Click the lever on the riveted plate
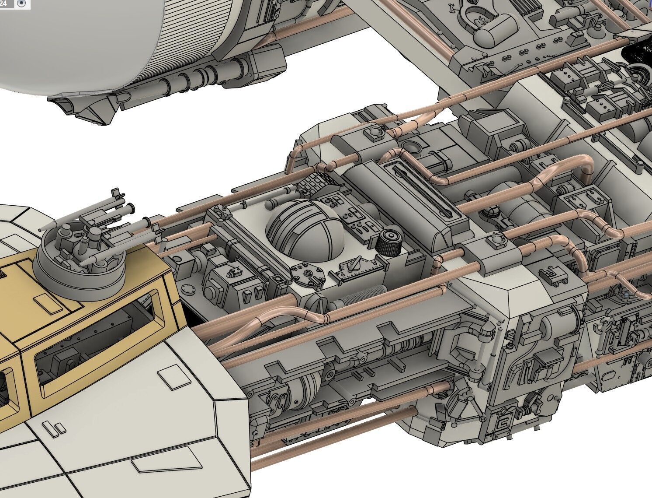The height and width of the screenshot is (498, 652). (x=355, y=266)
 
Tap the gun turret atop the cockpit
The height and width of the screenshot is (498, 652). (x=83, y=249)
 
